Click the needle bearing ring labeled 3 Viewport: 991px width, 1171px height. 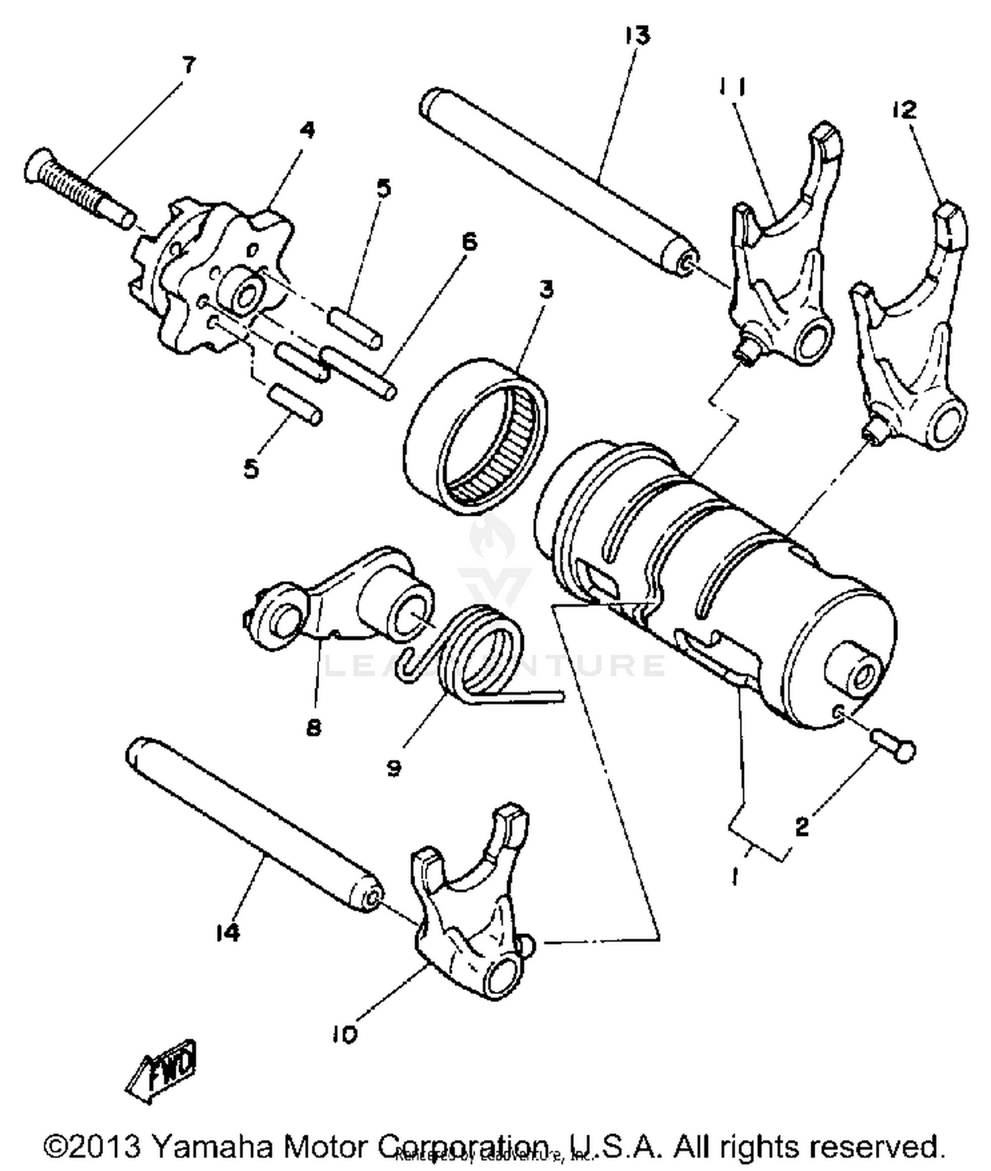[x=476, y=436]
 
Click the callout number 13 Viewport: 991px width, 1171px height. [x=637, y=35]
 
